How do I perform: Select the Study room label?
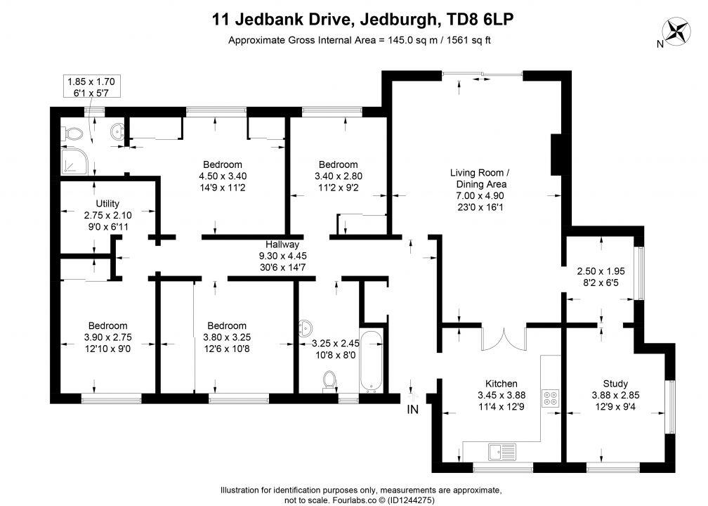pos(615,384)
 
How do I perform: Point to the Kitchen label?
pos(501,384)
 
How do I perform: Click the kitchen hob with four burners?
pos(550,398)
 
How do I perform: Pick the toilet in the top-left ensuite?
pos(73,134)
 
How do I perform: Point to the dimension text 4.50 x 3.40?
pos(223,176)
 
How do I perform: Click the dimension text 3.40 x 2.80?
pos(339,176)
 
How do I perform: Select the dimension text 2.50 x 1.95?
pos(601,271)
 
